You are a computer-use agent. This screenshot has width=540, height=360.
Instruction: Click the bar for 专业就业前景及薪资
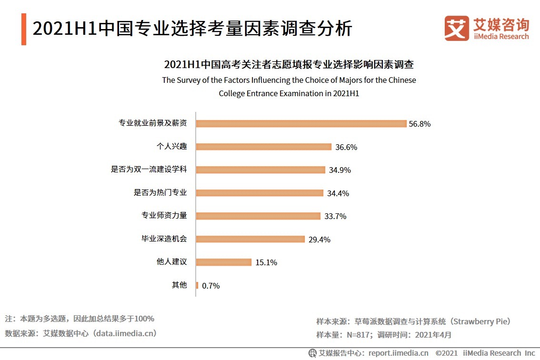[301, 123]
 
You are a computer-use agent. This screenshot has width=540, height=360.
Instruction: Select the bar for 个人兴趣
[264, 147]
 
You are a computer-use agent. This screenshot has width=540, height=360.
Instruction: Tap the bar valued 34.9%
[260, 170]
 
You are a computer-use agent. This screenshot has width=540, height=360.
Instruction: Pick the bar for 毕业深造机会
[250, 239]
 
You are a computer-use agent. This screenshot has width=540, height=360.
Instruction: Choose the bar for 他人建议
[224, 262]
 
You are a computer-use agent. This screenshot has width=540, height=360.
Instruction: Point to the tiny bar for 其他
[197, 285]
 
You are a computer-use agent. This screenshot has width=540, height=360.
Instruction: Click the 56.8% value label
[420, 124]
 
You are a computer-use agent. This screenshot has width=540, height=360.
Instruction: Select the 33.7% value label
[335, 216]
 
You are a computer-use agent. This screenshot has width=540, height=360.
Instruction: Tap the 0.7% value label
[211, 286]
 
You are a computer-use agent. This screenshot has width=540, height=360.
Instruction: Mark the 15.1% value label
[266, 262]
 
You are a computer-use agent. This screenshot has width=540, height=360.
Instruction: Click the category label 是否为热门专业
[160, 193]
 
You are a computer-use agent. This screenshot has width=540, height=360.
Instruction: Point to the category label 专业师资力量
[164, 216]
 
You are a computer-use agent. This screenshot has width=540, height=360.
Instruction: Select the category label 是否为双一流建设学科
[149, 170]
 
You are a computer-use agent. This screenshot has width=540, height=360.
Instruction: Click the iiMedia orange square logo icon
[456, 29]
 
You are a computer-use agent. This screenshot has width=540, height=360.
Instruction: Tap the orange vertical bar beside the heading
[24, 30]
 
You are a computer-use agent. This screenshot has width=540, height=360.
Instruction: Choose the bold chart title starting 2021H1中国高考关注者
[289, 64]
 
